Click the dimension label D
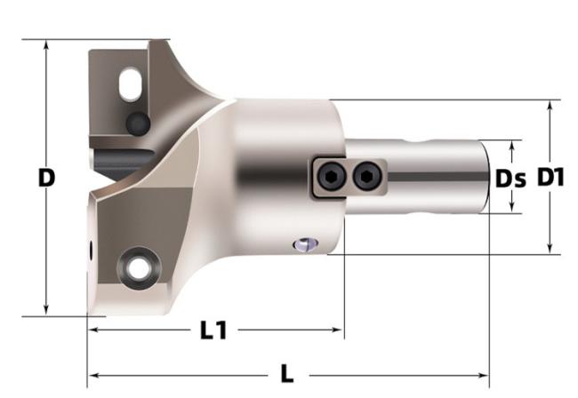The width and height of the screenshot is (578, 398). click(46, 178)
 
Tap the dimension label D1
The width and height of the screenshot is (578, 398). click(550, 177)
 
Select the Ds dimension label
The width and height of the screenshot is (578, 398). click(510, 179)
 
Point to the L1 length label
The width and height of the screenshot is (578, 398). click(213, 330)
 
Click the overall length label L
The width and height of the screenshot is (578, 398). click(287, 374)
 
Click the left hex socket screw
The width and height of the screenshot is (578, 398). click(332, 177)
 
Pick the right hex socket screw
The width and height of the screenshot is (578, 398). click(366, 177)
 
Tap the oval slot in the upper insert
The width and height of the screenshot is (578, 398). click(130, 84)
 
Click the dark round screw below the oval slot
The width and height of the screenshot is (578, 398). click(138, 123)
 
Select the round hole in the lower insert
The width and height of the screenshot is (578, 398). click(139, 268)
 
